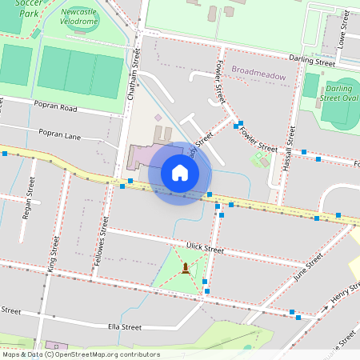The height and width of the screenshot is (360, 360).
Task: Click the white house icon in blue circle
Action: [x=180, y=173]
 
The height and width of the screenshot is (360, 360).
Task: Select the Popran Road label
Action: [x=56, y=106]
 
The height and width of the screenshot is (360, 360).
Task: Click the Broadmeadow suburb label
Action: [x=258, y=70]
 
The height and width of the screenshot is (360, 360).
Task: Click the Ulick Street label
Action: [x=203, y=249]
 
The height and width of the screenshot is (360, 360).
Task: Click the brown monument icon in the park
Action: [x=186, y=267]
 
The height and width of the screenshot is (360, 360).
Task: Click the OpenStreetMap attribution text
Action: [x=81, y=354]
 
